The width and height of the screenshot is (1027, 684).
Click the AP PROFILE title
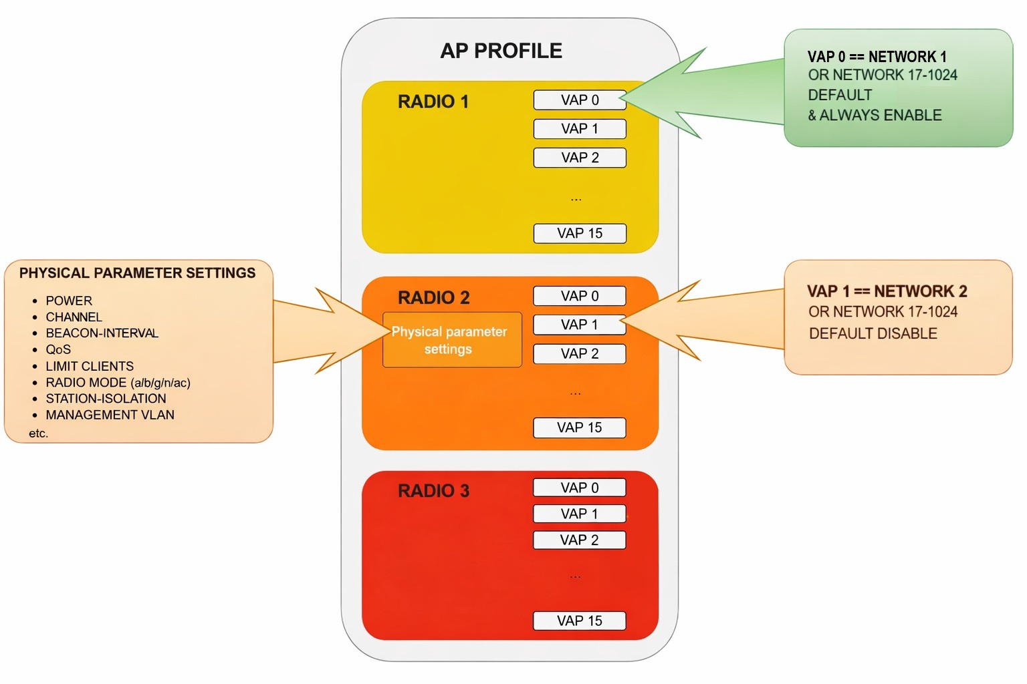coord(501,51)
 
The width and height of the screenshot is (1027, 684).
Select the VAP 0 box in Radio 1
coord(580,100)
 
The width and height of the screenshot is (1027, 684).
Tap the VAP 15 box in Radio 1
coord(580,233)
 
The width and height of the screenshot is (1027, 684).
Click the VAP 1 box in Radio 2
coord(580,325)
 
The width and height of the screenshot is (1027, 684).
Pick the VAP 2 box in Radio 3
coord(579,540)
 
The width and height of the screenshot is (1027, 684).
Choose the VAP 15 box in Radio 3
coord(579,621)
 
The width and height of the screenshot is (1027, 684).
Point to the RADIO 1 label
coord(433,102)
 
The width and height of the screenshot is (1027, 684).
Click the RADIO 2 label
coord(433,297)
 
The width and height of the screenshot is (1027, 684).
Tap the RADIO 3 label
coord(433,491)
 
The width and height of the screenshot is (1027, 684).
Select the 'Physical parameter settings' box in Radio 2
coord(452,340)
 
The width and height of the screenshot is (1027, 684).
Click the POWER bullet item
coord(69,301)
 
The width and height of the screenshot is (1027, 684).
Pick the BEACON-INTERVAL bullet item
coord(102,333)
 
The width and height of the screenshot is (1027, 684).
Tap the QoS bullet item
coord(58,349)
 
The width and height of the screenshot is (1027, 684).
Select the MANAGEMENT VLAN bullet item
coord(110,415)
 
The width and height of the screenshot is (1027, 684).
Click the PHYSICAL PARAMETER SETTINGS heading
coord(137,273)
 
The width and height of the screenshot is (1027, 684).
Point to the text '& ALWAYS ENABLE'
coord(875,115)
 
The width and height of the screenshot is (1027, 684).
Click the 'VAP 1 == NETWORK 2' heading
coord(887,291)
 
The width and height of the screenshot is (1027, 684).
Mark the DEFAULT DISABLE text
coord(873,333)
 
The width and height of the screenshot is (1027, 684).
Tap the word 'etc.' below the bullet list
coord(39,434)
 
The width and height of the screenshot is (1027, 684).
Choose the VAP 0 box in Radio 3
coord(579,488)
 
